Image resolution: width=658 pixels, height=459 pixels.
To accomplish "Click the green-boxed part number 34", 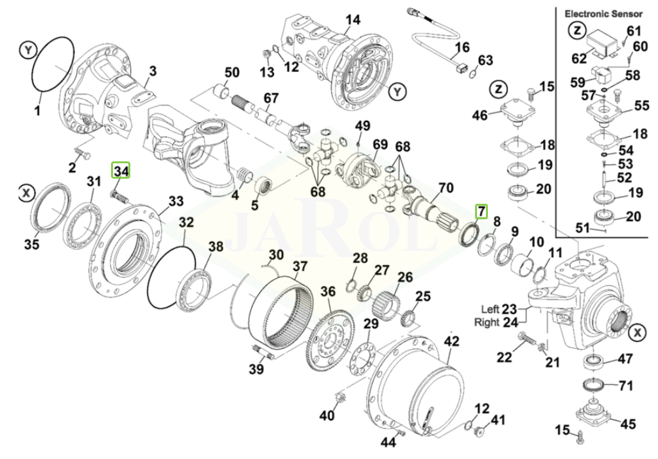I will point(121,171).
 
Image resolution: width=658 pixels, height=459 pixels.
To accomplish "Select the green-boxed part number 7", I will point(481,211).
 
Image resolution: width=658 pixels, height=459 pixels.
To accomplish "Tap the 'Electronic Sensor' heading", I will point(603,13).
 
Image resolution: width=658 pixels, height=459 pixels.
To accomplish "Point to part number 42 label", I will point(452,341).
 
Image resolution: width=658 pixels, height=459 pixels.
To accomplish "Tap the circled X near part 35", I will point(26,192).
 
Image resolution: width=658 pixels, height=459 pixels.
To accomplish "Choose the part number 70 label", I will point(446,188).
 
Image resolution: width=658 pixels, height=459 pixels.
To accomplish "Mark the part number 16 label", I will point(462,48).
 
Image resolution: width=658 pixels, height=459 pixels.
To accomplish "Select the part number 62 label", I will point(578,59).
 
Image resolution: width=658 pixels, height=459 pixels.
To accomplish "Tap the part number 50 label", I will point(231,72).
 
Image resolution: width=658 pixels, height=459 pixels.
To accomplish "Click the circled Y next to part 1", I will point(26,48).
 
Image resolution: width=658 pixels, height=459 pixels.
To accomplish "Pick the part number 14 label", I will point(352,19).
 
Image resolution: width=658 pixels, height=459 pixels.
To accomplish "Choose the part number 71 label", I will point(625,386).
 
